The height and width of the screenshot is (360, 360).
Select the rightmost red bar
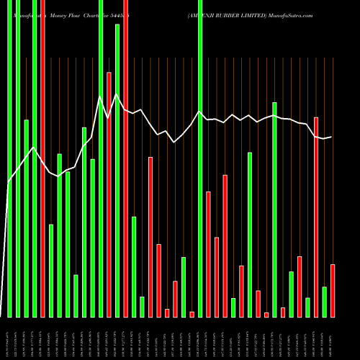pyautogui.click(x=333, y=291)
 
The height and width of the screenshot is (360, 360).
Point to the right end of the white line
pyautogui.click(x=332, y=137)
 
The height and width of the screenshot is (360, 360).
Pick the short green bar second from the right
pyautogui.click(x=324, y=302)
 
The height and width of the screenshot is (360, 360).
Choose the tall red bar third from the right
pyautogui.click(x=316, y=217)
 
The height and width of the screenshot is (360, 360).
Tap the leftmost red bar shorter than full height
pyautogui.click(x=109, y=194)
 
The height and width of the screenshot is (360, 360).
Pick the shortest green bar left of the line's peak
pyautogui.click(x=76, y=296)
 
